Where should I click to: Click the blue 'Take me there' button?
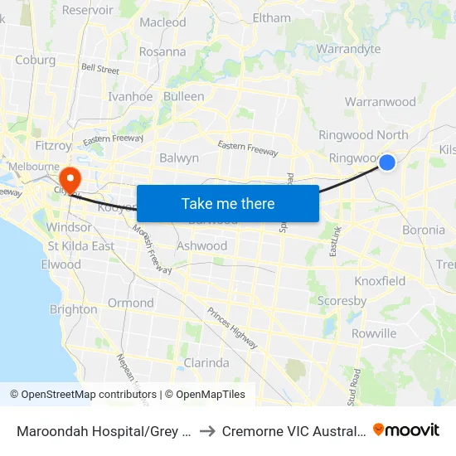[227, 203]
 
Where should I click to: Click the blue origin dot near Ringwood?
[386, 163]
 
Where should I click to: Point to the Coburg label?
[35, 60]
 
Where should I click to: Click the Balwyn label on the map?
[178, 158]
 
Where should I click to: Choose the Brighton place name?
[73, 309]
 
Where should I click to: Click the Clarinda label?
[206, 362]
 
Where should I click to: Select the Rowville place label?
[374, 333]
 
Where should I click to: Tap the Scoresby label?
[342, 301]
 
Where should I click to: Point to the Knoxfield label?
[380, 281]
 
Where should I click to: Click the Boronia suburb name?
[423, 230]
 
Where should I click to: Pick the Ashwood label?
[201, 245]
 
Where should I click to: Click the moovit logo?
[406, 429]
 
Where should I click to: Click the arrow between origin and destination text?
[207, 430]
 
